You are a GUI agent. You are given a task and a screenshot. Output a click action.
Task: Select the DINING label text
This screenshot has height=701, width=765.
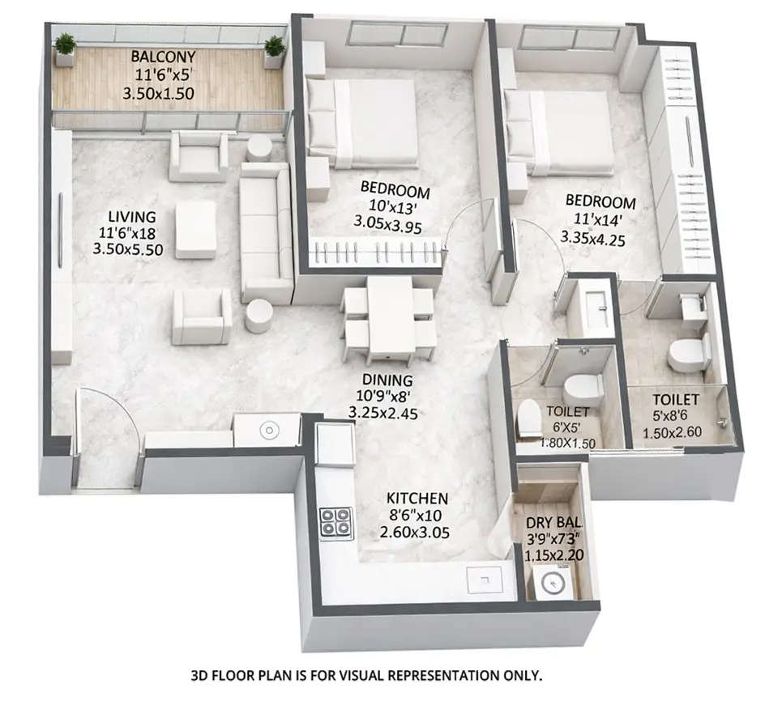[388, 380]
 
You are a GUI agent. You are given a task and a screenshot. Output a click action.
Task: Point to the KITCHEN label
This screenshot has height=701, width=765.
[417, 497]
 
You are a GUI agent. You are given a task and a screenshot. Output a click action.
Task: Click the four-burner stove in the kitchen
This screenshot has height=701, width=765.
[335, 523]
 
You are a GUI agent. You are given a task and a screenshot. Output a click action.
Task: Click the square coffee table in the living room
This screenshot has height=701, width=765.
[196, 229]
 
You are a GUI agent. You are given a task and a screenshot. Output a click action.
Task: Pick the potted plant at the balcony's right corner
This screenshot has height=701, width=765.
[275, 51]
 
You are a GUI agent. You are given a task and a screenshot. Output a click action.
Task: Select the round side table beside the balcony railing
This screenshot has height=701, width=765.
[259, 148]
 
